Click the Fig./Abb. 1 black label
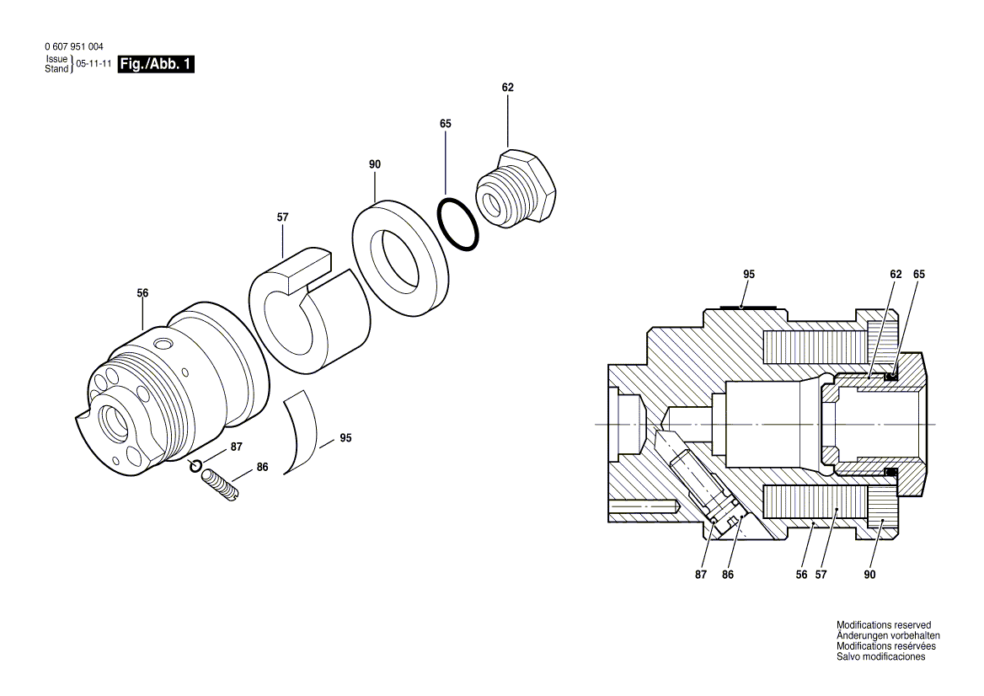tap(156, 64)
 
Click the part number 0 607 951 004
tap(72, 47)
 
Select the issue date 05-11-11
tap(94, 64)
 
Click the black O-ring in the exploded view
tap(458, 224)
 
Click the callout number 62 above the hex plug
tap(507, 88)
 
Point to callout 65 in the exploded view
tap(446, 124)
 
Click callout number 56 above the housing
tap(142, 293)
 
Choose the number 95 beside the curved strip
tap(345, 438)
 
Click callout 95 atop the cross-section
tap(749, 275)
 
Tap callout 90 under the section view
tap(869, 575)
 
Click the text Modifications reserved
tap(883, 625)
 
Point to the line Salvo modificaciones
tap(880, 656)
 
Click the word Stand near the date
tap(56, 68)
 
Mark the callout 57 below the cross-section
tap(821, 575)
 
